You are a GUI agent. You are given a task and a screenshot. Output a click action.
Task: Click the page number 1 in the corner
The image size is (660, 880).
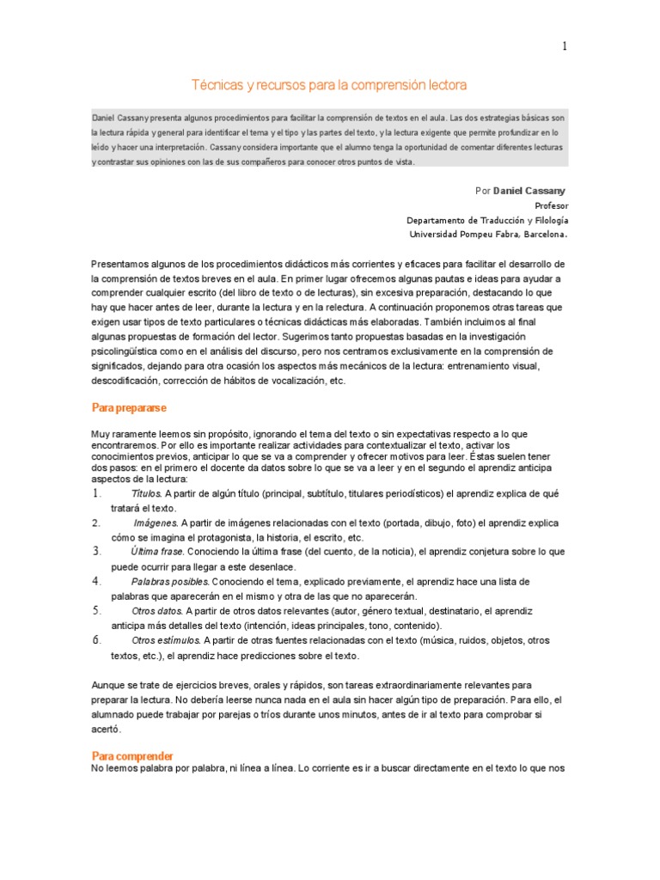coord(565,46)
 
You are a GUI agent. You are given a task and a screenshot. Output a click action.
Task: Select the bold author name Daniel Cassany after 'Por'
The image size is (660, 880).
coord(529,190)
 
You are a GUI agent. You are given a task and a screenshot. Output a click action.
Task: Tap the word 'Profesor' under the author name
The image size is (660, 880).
coord(551,206)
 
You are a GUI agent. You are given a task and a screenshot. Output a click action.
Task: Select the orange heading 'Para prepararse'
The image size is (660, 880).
coord(129,407)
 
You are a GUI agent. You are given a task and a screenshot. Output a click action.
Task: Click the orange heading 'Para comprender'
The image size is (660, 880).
coord(132,755)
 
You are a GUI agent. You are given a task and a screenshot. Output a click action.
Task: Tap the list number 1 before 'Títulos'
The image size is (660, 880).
coord(96,494)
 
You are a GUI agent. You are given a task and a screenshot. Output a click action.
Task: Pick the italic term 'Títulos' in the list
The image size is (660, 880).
coord(146,494)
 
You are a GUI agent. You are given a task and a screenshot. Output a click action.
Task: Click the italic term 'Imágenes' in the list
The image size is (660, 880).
coord(156,522)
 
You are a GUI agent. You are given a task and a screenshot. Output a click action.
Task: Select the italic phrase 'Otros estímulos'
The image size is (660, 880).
coord(166,640)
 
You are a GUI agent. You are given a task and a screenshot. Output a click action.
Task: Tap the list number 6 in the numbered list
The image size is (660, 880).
coord(96,640)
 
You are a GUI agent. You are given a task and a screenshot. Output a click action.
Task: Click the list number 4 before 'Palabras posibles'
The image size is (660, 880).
coord(96,582)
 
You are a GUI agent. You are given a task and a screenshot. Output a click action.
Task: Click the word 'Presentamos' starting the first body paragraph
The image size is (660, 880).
coord(121,264)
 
